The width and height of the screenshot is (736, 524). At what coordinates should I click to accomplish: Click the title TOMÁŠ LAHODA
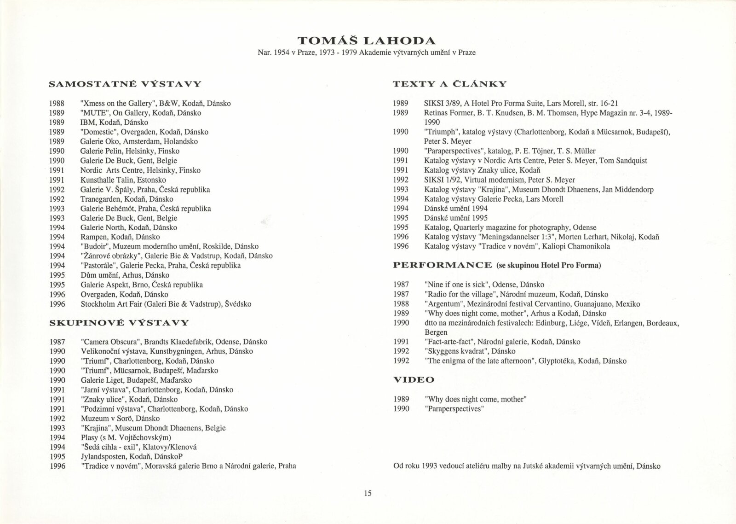tap(367, 40)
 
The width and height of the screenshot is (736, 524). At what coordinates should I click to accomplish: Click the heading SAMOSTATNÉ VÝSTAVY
tap(125, 84)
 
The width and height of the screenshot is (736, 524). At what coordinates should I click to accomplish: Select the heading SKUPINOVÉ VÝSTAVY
tap(119, 323)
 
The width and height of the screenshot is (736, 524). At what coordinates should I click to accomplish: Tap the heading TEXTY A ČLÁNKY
tap(449, 84)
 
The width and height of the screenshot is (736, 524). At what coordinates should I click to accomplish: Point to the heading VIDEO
tap(414, 380)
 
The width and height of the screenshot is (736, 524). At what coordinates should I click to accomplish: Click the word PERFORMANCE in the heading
tap(442, 265)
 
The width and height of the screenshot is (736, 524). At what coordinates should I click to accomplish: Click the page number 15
tap(368, 494)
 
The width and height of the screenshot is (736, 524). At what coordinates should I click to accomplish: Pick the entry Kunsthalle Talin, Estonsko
tap(123, 180)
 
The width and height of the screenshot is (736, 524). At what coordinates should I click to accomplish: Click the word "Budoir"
tap(94, 246)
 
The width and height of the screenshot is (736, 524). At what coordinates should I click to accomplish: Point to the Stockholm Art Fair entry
tap(166, 304)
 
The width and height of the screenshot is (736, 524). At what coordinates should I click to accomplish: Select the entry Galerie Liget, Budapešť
tap(136, 380)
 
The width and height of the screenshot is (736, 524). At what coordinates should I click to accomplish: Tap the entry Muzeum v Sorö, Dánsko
tap(120, 419)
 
